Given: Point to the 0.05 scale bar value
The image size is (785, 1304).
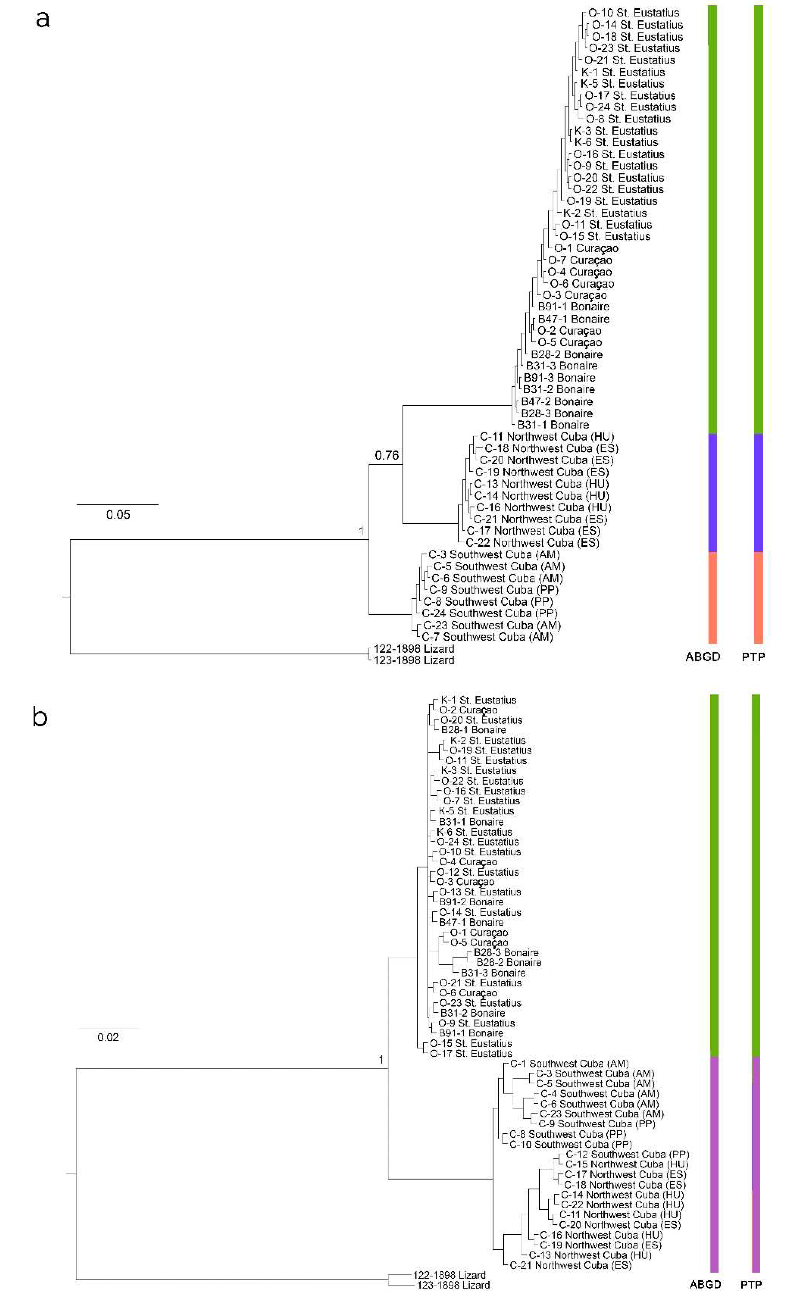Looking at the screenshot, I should pos(118,515).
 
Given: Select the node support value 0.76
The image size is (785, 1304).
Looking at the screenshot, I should pos(387,455).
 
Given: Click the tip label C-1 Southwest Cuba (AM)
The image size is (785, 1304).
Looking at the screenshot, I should pos(569,1063).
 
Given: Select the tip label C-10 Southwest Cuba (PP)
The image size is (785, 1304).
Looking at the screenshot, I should pos(570,1144).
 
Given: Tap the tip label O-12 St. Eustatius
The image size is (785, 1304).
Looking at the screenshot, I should pos(478,872).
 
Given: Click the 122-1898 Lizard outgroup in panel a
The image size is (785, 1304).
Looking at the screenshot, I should pos(414,649).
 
